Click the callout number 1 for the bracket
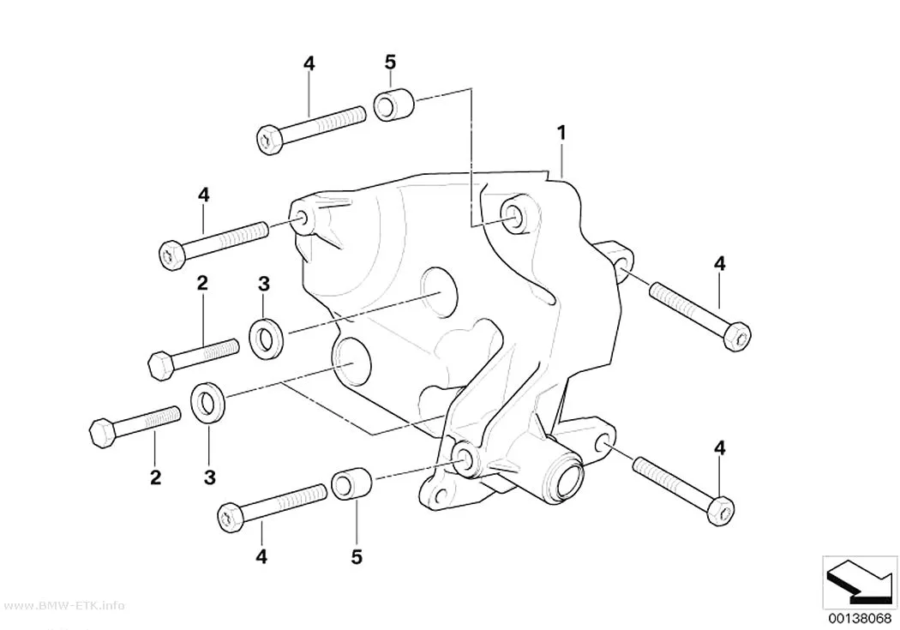(562, 133)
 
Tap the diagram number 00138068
(859, 619)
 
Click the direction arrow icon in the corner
(859, 582)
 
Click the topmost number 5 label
(390, 62)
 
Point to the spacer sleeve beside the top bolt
(394, 104)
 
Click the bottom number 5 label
(357, 556)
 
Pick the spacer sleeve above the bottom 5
(351, 483)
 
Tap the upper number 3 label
(263, 283)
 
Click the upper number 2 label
(202, 283)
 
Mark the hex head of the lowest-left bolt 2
(104, 434)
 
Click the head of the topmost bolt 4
(268, 140)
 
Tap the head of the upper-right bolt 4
(737, 337)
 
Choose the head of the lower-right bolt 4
(721, 511)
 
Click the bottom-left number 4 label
(261, 556)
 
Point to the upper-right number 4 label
(720, 264)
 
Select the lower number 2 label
(155, 477)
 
